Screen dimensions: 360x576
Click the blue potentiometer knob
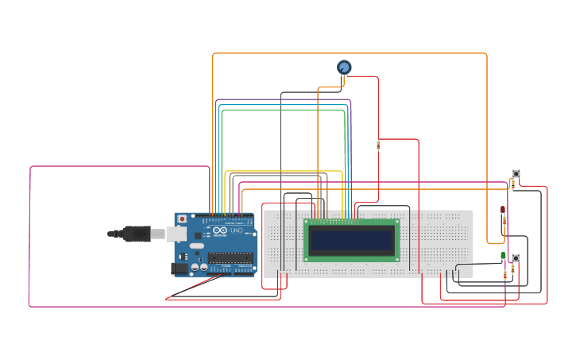point(344,68)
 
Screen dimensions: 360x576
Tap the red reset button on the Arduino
point(182,219)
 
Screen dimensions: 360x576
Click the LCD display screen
point(352,240)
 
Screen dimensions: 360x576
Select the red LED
point(502,210)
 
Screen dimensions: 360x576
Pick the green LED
point(503,255)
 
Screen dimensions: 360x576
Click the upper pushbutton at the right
point(516,173)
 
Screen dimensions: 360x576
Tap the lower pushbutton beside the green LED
point(516,258)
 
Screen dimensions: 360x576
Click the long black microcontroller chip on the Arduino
point(230,257)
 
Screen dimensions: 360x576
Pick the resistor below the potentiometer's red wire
point(378,145)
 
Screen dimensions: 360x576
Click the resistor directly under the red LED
point(504,222)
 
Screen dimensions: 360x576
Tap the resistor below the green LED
point(505,275)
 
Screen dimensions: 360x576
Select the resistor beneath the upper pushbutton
point(512,184)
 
